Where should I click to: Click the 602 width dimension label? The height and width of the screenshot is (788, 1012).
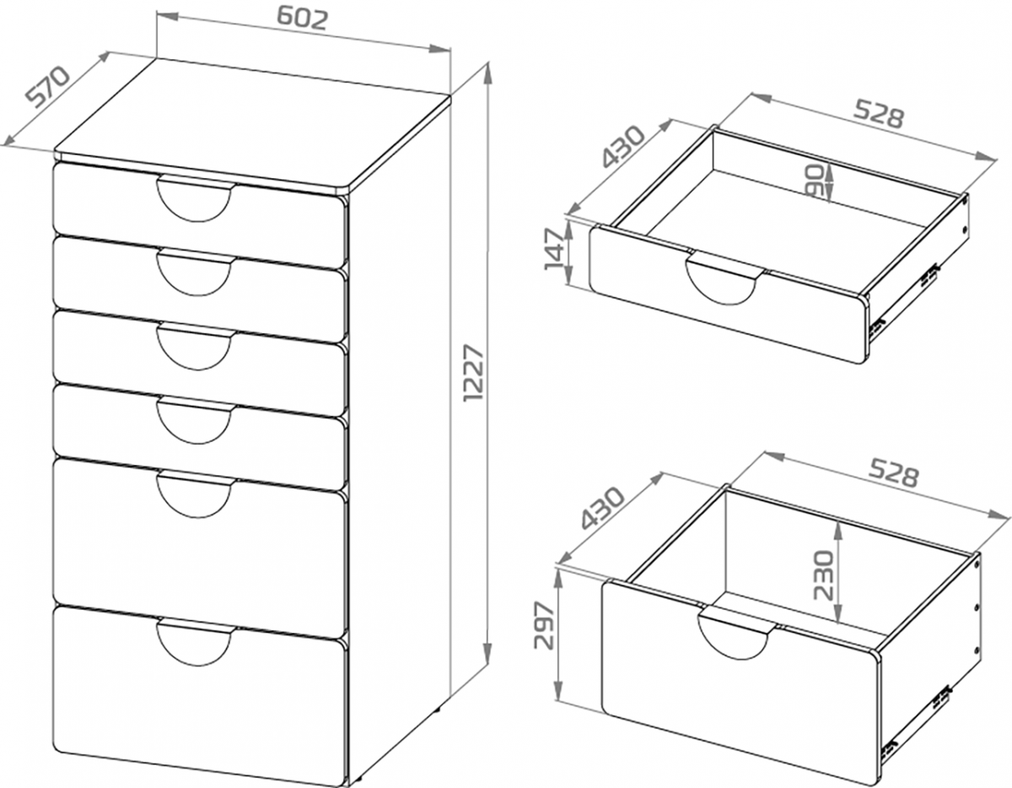(x=303, y=19)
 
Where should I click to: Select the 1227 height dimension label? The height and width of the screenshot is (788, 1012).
(x=475, y=373)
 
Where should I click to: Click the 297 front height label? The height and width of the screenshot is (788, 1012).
(x=544, y=625)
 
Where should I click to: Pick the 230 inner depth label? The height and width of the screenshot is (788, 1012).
(x=823, y=575)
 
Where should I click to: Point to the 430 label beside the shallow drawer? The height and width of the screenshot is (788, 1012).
(x=622, y=147)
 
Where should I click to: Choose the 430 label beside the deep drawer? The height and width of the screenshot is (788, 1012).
(x=603, y=508)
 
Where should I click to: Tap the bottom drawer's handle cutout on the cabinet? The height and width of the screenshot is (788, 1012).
(x=194, y=642)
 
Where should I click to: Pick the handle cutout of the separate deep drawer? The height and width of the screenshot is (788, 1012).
(x=736, y=634)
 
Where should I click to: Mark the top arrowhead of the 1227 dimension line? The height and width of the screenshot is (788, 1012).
(x=487, y=73)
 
